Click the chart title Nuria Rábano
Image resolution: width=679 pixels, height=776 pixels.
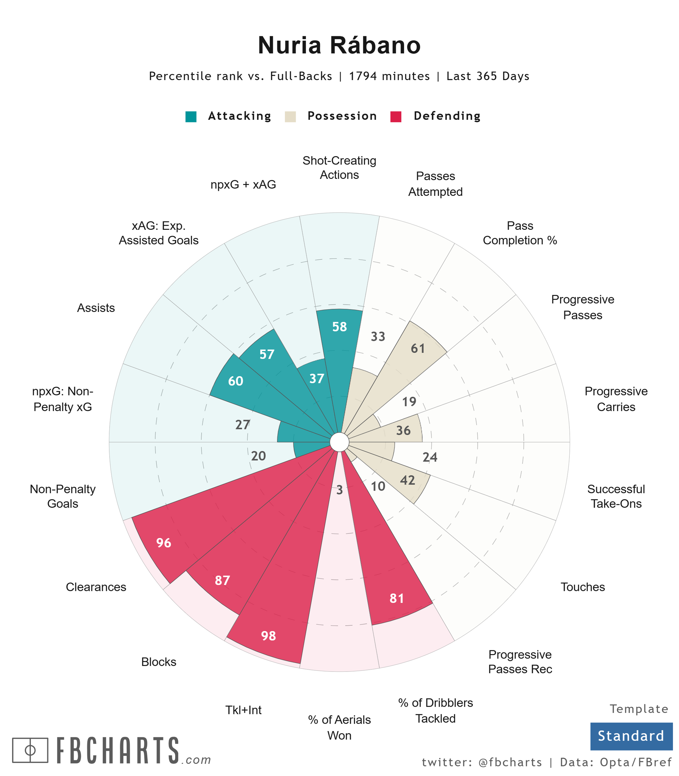[x=339, y=45]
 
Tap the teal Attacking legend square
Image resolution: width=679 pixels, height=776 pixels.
[x=191, y=116]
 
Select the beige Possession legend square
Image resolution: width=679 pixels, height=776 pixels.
[x=290, y=116]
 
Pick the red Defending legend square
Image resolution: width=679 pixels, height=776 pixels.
[x=396, y=116]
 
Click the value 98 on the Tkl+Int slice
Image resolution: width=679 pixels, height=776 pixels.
[x=268, y=636]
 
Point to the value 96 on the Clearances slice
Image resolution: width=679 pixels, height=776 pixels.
[x=164, y=543]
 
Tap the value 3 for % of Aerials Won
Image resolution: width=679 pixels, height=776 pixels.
[x=339, y=490]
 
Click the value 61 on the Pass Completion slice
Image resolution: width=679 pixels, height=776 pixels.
[x=418, y=349]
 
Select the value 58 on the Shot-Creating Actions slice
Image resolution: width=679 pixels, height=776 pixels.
[x=339, y=327]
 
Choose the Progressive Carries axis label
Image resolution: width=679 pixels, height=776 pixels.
[x=616, y=399]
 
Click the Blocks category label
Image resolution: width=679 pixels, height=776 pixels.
[x=159, y=662]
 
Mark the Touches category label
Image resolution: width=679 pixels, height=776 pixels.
[x=583, y=587]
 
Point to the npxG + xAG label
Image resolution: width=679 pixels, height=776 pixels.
[x=243, y=185]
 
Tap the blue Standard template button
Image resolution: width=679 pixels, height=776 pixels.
[x=631, y=736]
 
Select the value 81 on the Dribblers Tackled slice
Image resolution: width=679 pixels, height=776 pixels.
[x=397, y=599]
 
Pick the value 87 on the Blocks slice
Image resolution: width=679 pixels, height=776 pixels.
[x=222, y=580]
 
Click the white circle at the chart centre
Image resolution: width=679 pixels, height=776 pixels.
[x=339, y=442]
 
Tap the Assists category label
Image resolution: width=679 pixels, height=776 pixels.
[x=96, y=308]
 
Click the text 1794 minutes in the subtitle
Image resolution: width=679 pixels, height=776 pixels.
[x=389, y=76]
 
